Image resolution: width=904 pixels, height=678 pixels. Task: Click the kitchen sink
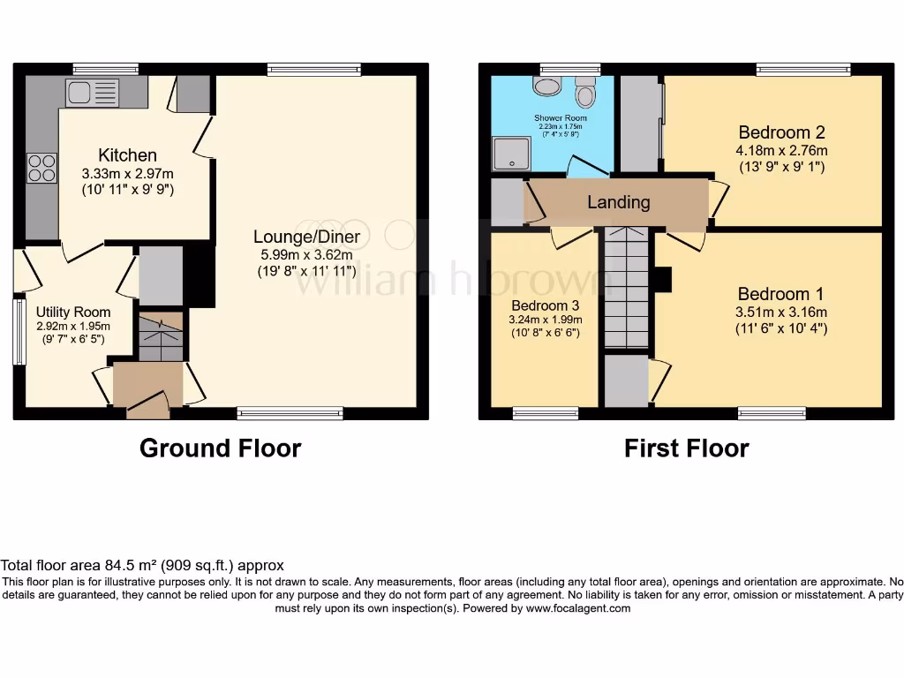pos(92,91)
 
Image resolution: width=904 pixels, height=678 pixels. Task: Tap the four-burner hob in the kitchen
pos(42,167)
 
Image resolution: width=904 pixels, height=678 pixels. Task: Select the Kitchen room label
pos(127,155)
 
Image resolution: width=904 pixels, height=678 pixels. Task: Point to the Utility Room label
pos(73,312)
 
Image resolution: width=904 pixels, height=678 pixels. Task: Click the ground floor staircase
pos(161,336)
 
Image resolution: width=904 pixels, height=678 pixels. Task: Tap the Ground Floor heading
pos(220,448)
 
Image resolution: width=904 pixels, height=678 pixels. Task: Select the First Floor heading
pos(686,448)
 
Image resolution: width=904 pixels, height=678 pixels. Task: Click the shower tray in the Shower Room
pos(510,154)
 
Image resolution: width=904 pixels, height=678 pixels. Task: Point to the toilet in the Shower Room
pos(584,92)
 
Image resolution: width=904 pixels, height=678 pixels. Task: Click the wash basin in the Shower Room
pos(547,86)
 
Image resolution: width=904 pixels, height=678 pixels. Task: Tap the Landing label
pos(618,202)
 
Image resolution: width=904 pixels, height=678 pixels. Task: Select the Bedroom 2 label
pos(781,132)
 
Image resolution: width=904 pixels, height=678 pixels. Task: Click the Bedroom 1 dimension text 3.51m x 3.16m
pos(773,312)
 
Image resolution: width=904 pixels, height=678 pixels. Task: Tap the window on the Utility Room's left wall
pos(18,331)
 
